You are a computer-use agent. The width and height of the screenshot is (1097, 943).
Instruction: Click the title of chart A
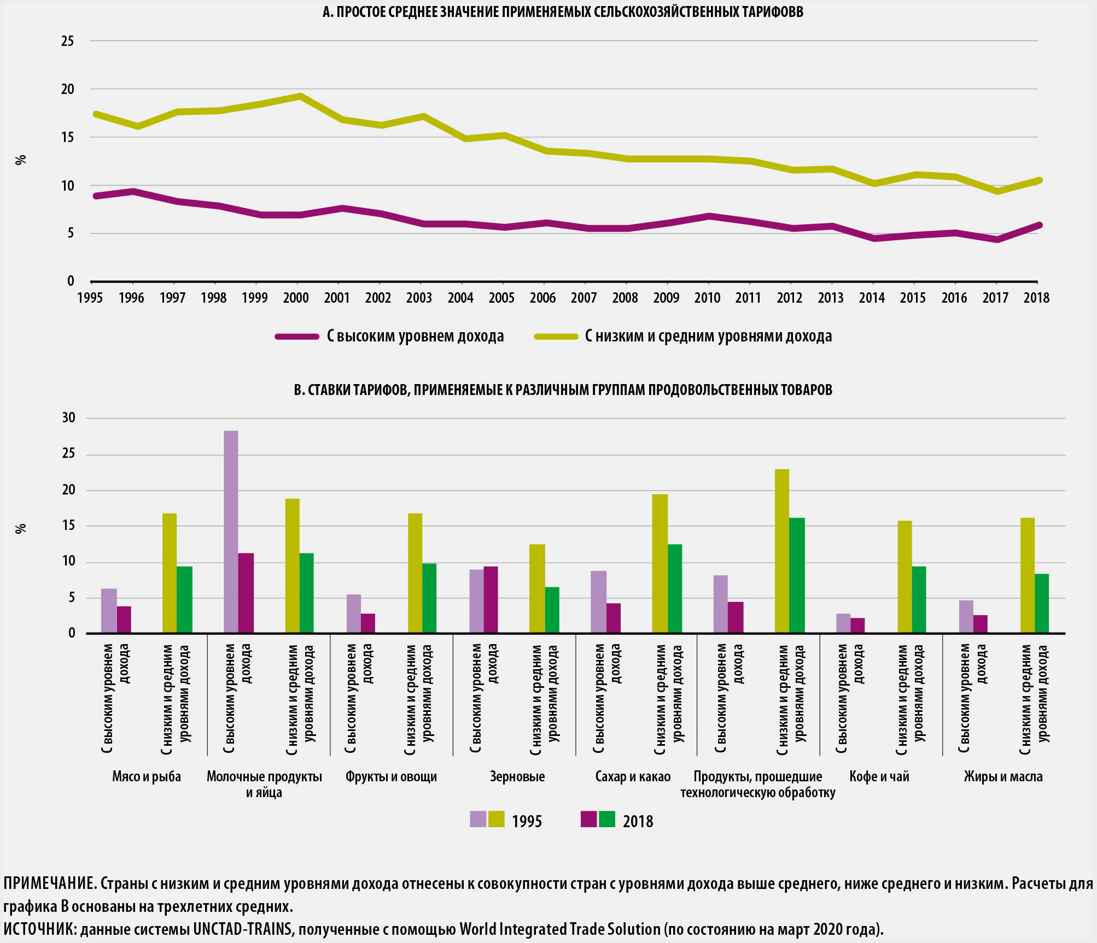(563, 12)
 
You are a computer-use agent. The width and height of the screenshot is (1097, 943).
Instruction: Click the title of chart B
(563, 390)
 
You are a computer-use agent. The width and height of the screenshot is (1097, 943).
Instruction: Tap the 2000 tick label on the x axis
(296, 298)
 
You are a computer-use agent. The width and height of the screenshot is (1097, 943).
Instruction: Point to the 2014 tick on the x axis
(872, 298)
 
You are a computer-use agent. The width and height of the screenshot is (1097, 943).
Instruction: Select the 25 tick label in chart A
(67, 41)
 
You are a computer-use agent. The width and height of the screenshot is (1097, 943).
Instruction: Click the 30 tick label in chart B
(69, 418)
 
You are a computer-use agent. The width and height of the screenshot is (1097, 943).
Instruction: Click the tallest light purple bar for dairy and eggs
(231, 532)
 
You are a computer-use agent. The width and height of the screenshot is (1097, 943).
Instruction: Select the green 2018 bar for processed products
(797, 576)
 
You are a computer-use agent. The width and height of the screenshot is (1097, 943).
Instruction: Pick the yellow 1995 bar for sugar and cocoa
(660, 564)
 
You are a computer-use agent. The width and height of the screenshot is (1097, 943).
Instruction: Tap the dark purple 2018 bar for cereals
(491, 600)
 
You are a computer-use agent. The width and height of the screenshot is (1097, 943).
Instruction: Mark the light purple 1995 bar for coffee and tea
(843, 623)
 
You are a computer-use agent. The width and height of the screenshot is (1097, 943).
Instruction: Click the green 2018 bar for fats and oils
(1042, 604)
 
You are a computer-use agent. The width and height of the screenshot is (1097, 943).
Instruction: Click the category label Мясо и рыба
(147, 776)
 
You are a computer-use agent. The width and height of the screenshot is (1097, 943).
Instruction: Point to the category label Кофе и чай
(879, 776)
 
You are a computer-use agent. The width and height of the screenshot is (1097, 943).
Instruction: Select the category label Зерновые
(517, 776)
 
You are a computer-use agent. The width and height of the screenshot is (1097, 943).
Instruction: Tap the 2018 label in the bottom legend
(638, 822)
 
